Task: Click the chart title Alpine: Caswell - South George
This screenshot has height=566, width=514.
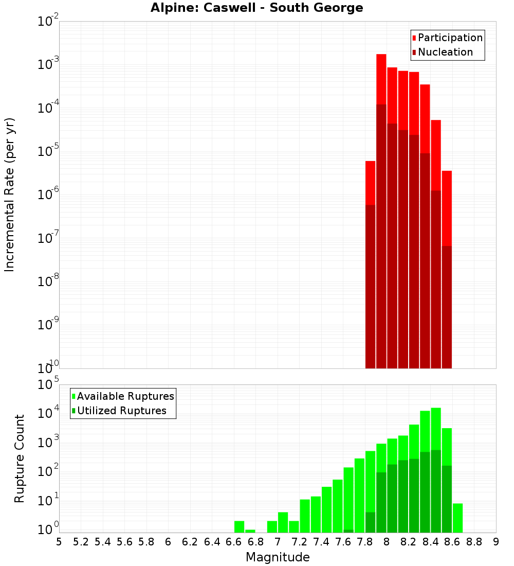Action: point(256,8)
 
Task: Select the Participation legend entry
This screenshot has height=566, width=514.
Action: point(447,38)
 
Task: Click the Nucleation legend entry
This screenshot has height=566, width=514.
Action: point(442,52)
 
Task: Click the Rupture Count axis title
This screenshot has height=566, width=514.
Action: point(20,458)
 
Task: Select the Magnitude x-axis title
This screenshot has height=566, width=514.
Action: point(278,557)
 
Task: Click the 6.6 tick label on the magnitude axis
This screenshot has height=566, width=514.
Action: point(234,542)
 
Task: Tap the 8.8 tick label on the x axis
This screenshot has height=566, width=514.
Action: point(474,542)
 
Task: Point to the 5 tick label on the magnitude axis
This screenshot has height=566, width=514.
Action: point(59,542)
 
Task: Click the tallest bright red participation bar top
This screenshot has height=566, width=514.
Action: point(381,56)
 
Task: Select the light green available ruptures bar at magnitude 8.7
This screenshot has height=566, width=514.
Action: point(457,518)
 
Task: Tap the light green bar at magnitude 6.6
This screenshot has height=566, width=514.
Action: point(239,526)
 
